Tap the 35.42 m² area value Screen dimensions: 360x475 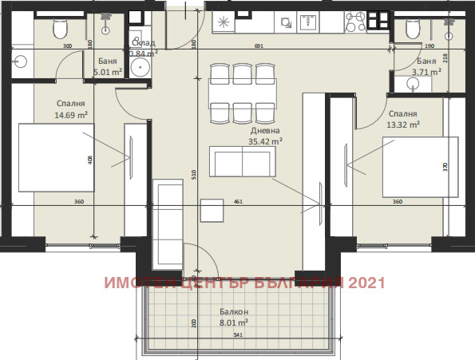(266, 142)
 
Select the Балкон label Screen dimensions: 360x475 (235, 312)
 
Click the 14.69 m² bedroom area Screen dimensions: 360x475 (72, 115)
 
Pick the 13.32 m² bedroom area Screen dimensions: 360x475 (402, 125)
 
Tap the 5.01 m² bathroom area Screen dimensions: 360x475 (107, 72)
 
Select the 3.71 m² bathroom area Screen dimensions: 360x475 (426, 72)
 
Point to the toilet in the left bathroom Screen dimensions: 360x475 (58, 29)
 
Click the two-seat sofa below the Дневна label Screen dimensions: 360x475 (239, 162)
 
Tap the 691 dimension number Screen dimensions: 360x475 (258, 45)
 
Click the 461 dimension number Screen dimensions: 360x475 (237, 202)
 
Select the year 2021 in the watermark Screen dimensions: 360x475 (366, 283)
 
